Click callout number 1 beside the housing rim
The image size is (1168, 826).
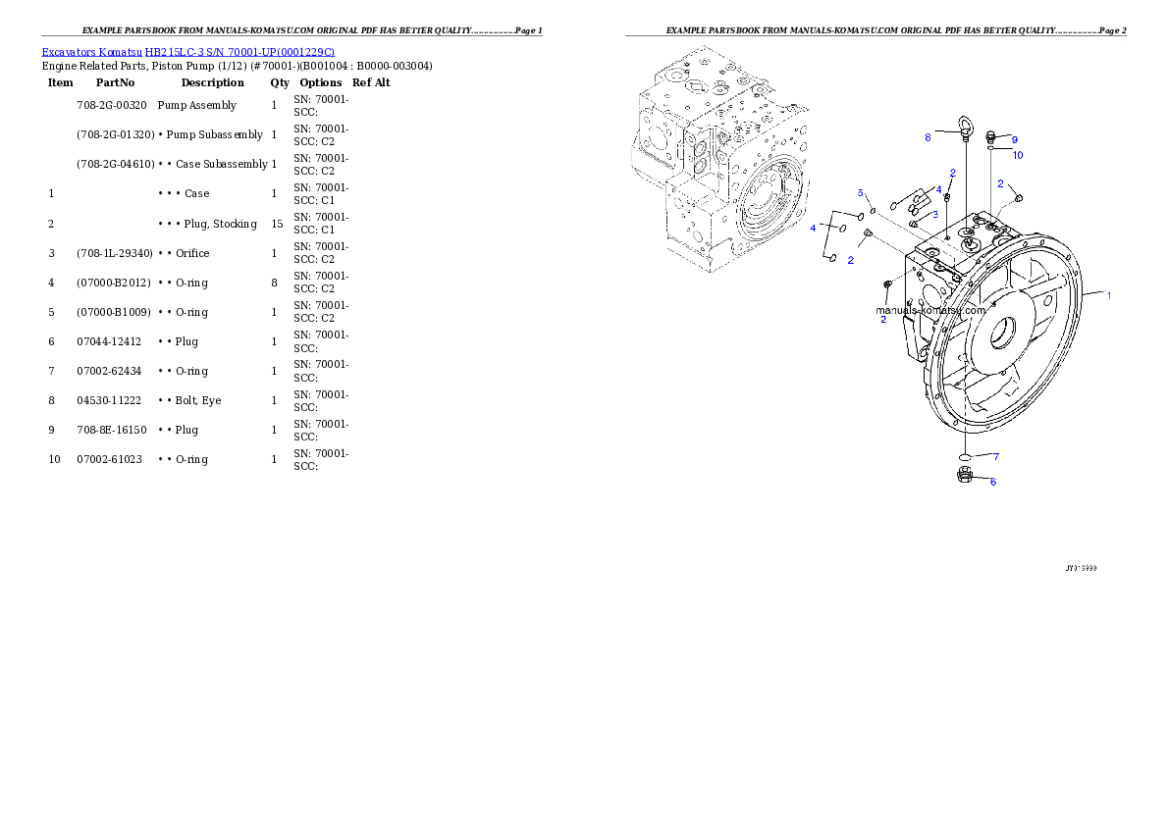pyautogui.click(x=1109, y=295)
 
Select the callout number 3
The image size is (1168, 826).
pyautogui.click(x=935, y=214)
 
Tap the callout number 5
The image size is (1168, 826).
pyautogui.click(x=861, y=192)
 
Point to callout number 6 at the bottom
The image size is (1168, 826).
pyautogui.click(x=992, y=482)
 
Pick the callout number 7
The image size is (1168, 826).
pyautogui.click(x=996, y=456)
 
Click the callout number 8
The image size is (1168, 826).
pyautogui.click(x=928, y=138)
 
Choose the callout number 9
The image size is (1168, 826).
pyautogui.click(x=1015, y=140)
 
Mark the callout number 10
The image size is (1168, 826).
pyautogui.click(x=1018, y=155)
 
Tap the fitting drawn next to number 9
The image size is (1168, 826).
pyautogui.click(x=992, y=137)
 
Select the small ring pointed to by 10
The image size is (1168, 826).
pyautogui.click(x=992, y=150)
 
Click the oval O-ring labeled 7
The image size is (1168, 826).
pyautogui.click(x=965, y=457)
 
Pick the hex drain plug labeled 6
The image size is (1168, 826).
pyautogui.click(x=964, y=477)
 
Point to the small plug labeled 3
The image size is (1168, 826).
pyautogui.click(x=915, y=224)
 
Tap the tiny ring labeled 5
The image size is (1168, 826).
pyautogui.click(x=873, y=210)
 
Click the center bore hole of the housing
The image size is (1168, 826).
pyautogui.click(x=1002, y=335)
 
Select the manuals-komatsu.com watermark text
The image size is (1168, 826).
pyautogui.click(x=929, y=310)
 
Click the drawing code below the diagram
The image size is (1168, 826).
pyautogui.click(x=1081, y=568)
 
